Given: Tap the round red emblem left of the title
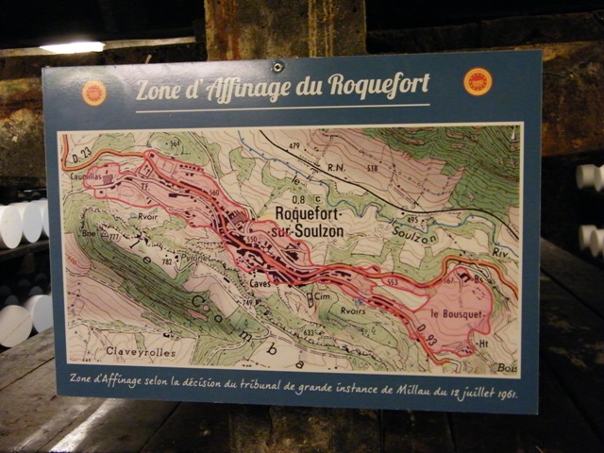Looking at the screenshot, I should (x=94, y=92).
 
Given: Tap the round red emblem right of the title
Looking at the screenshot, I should (x=478, y=81).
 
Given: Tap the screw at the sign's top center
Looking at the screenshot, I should (x=277, y=67).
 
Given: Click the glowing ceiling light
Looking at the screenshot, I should (x=72, y=46).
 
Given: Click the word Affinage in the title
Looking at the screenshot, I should (x=244, y=89).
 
